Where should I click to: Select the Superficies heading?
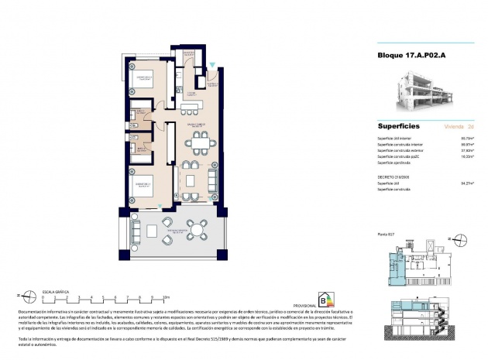[399, 125]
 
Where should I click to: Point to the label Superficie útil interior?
[395, 138]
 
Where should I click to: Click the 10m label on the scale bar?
[166, 296]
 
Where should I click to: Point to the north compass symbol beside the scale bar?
[27, 294]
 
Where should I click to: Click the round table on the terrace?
[198, 229]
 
